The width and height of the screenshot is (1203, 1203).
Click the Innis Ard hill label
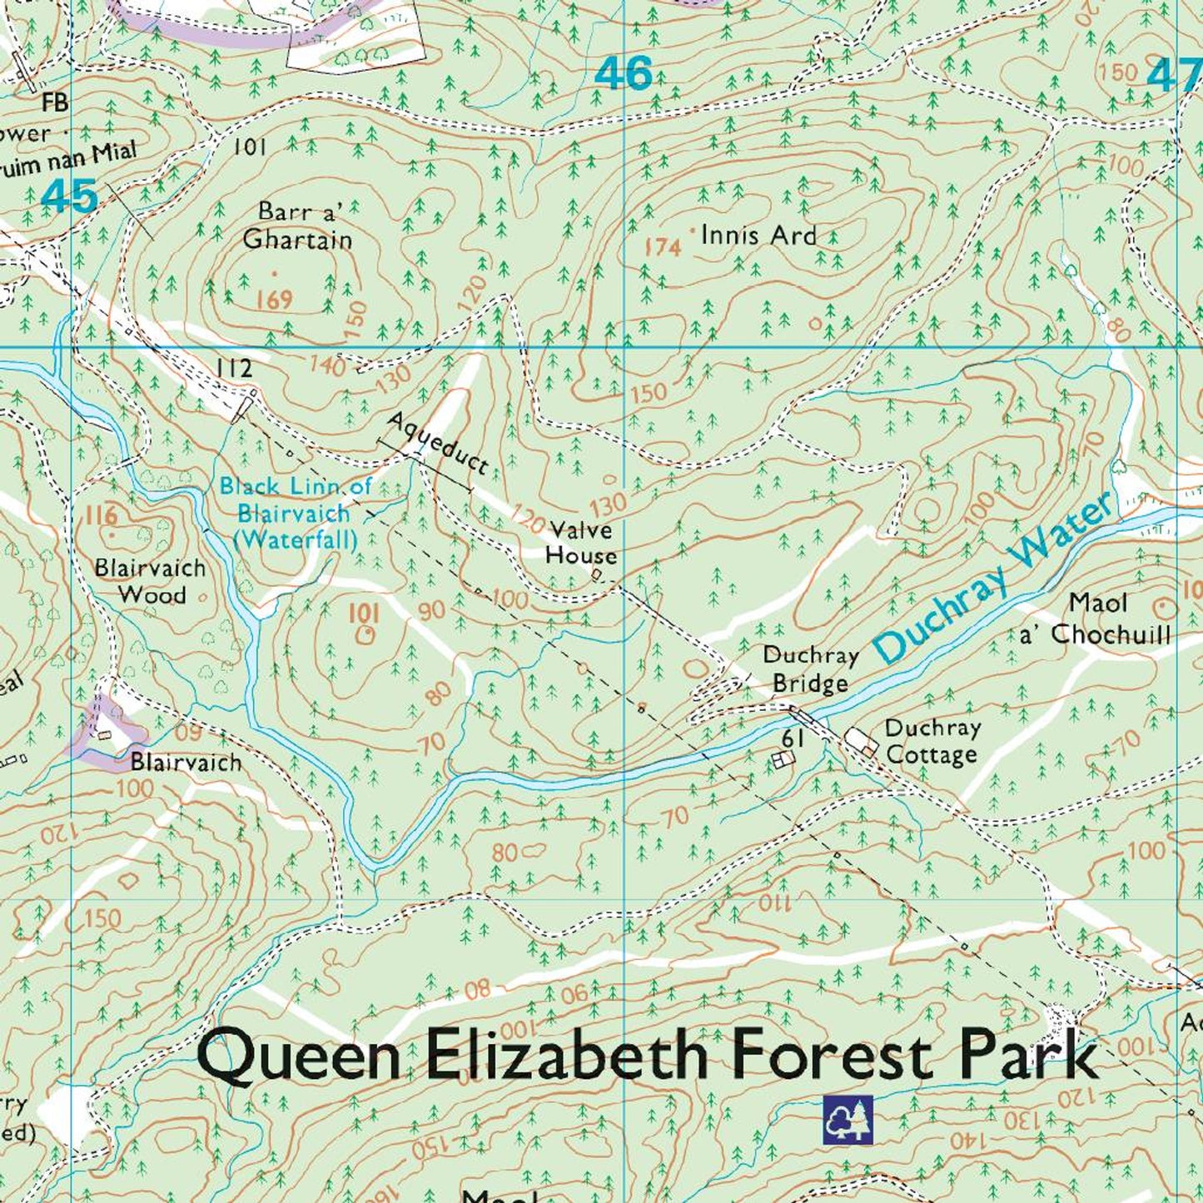[x=758, y=236]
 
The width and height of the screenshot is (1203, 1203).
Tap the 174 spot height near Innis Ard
[x=664, y=246]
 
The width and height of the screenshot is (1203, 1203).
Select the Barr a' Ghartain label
[x=297, y=226]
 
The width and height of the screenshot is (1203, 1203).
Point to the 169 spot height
[x=274, y=298]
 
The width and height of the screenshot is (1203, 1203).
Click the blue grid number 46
[x=624, y=74]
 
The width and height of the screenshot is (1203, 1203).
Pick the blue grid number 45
[x=69, y=197]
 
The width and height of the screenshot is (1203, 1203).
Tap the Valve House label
[x=581, y=543]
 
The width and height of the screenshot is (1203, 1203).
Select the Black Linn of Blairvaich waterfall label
[x=295, y=512]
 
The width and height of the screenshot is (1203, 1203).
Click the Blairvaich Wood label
[x=151, y=581]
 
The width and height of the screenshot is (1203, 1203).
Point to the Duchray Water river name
[x=995, y=578]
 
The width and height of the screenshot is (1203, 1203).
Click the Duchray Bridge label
[x=810, y=669]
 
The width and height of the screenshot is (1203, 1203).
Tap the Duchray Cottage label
[x=932, y=741]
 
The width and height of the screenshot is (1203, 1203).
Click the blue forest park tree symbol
[x=848, y=1120]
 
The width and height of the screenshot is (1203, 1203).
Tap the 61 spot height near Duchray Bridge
[x=792, y=738]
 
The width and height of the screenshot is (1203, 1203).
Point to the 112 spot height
[x=233, y=369]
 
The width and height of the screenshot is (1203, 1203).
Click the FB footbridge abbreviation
[x=57, y=102]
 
